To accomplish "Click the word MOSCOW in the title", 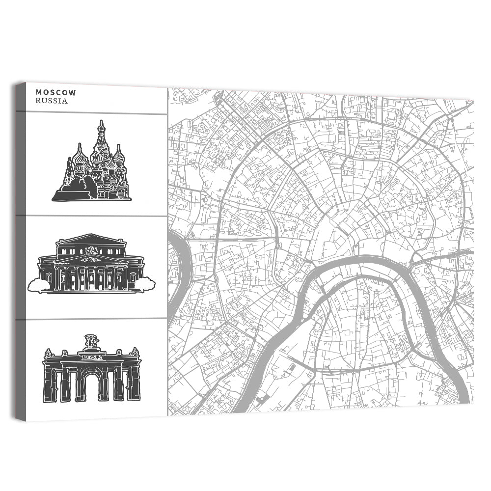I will click(55, 92).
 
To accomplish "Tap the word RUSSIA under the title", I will click(52, 101).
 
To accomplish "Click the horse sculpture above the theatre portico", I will click(91, 252).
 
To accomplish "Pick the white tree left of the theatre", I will click(38, 284).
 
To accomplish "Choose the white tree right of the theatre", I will click(144, 283).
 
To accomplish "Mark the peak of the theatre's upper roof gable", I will click(90, 235).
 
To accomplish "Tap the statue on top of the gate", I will click(91, 341).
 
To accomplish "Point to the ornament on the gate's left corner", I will click(48, 353).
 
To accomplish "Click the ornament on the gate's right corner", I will click(135, 352).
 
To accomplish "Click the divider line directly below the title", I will click(91, 113).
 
